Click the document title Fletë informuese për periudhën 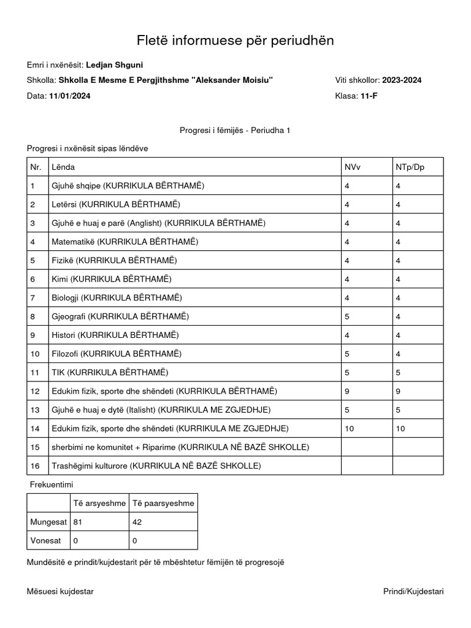pyautogui.click(x=235, y=40)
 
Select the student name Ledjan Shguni pyautogui.click(x=115, y=65)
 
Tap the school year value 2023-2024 pyautogui.click(x=402, y=80)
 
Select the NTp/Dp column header pyautogui.click(x=410, y=167)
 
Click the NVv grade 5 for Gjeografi pyautogui.click(x=347, y=316)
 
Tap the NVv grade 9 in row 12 pyautogui.click(x=347, y=391)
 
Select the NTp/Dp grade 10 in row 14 pyautogui.click(x=401, y=429)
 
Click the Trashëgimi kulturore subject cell pyautogui.click(x=156, y=466)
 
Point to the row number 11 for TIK pyautogui.click(x=34, y=372)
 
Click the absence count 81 pyautogui.click(x=78, y=522)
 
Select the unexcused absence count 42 pyautogui.click(x=137, y=522)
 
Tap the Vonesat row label pyautogui.click(x=45, y=541)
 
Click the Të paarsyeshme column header pyautogui.click(x=163, y=504)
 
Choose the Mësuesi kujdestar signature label pyautogui.click(x=60, y=591)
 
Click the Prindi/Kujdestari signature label pyautogui.click(x=413, y=591)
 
